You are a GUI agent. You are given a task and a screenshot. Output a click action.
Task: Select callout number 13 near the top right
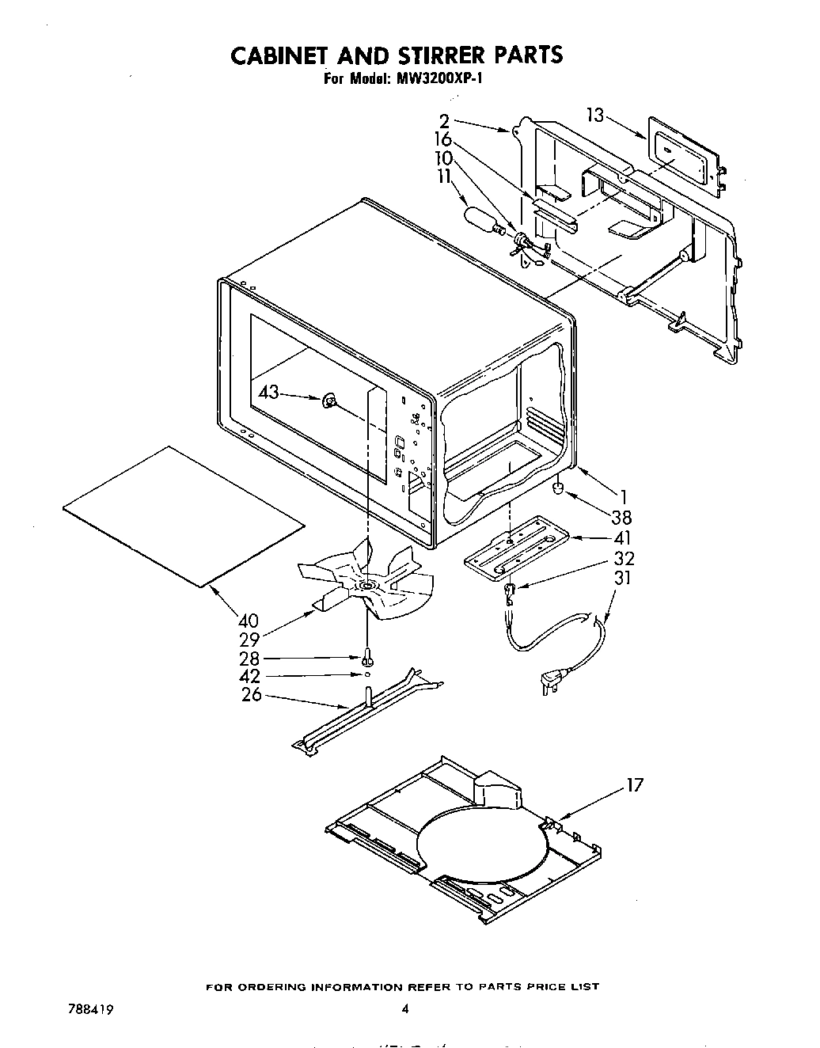pos(596,115)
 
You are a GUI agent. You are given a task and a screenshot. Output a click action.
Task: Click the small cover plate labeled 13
pos(686,156)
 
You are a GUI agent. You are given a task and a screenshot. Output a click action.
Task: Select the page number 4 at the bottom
pos(405,1008)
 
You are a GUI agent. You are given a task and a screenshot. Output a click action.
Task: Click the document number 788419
pos(84,1009)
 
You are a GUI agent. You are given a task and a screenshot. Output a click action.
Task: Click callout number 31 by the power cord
pos(623,578)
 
